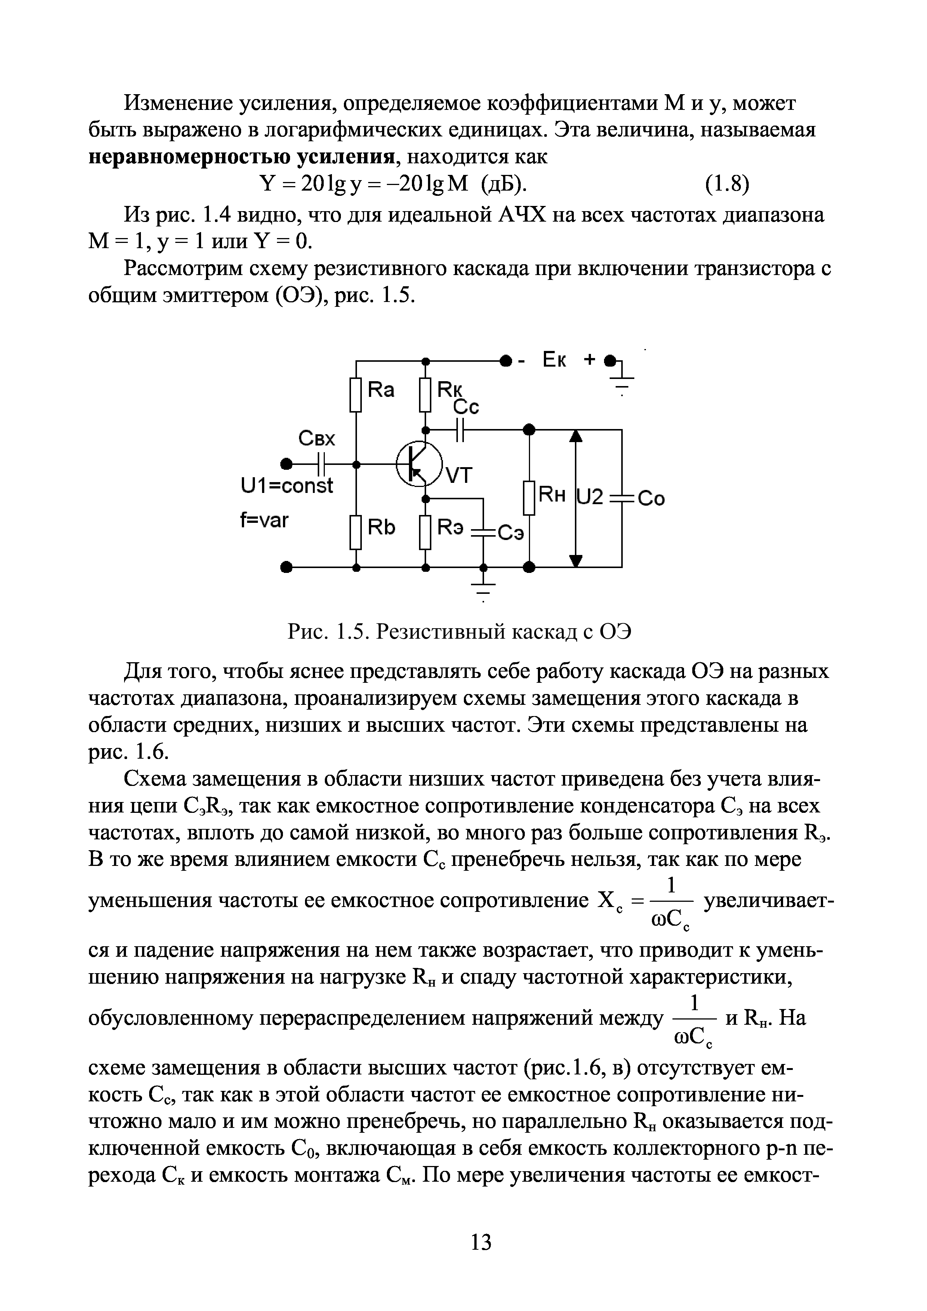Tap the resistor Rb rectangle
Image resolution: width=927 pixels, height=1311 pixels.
click(356, 531)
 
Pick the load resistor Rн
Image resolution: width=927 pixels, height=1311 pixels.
click(529, 498)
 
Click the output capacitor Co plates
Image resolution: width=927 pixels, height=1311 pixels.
click(622, 498)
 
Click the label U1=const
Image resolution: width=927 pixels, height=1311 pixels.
click(287, 487)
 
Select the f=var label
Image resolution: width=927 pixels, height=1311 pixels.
click(264, 521)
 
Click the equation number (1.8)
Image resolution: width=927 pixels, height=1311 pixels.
click(724, 184)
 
